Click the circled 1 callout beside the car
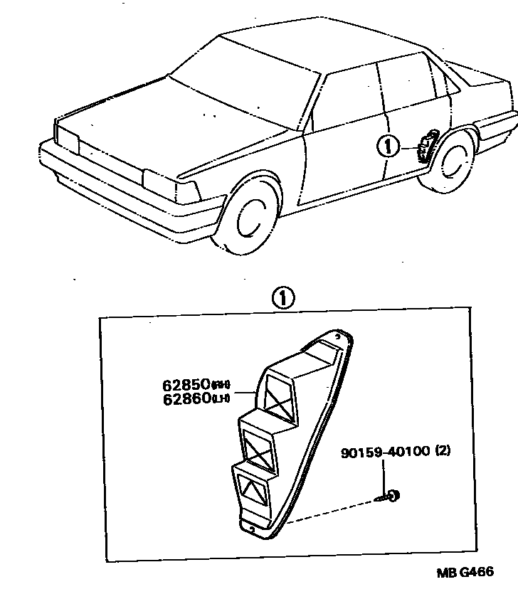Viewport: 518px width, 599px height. click(388, 147)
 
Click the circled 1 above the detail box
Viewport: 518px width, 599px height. click(283, 298)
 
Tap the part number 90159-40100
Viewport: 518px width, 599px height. click(381, 451)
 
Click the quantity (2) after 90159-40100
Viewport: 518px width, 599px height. click(442, 451)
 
